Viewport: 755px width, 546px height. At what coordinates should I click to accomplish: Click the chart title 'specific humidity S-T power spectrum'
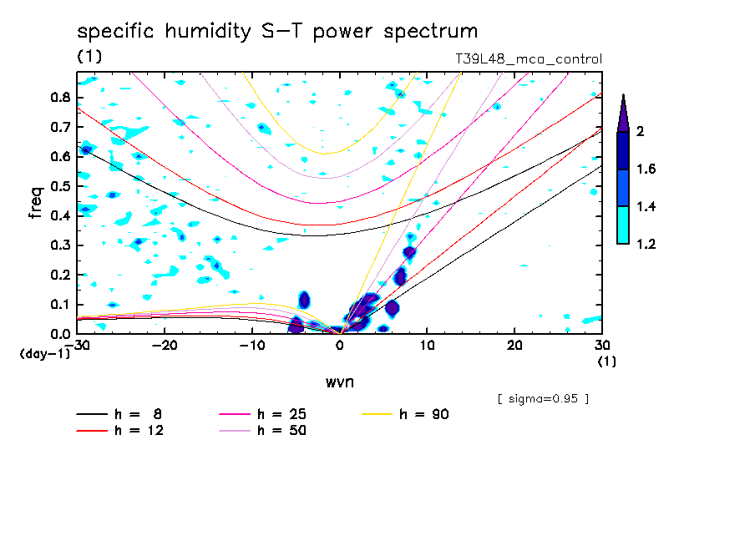point(277,32)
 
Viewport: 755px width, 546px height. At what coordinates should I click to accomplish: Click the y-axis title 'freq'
point(35,203)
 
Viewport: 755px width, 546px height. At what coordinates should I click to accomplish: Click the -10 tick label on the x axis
point(252,346)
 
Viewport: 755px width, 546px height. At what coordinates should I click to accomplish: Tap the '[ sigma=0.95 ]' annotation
point(543,398)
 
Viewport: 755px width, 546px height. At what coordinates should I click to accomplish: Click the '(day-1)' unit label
point(45,354)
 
